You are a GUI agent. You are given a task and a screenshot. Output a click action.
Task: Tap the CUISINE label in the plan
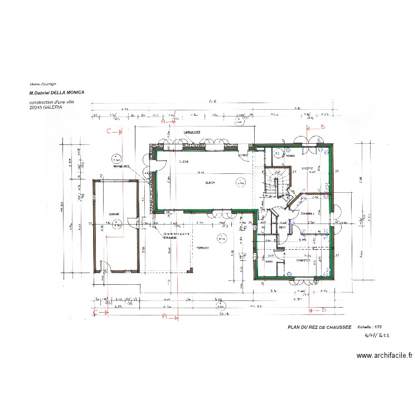coord(184,162)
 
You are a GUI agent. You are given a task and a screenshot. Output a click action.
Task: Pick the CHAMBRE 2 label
coord(307,213)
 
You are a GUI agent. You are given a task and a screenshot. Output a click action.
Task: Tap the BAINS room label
coord(269,260)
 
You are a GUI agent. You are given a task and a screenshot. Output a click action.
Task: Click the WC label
coord(263,227)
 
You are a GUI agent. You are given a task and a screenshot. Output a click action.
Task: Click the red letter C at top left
coord(109,132)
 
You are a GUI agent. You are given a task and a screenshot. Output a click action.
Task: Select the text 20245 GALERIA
coord(46,107)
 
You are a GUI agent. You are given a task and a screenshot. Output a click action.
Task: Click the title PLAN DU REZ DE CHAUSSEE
coord(319,328)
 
